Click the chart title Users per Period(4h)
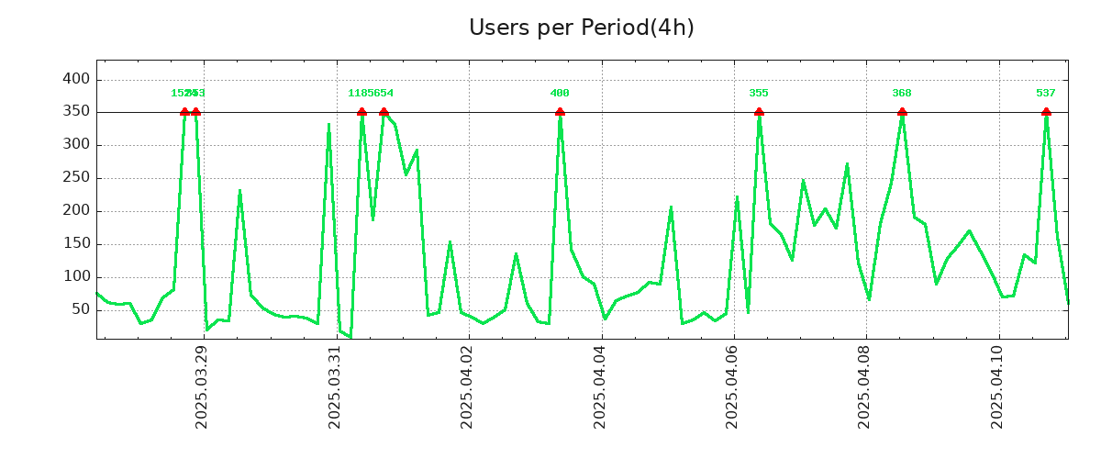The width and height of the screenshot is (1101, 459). pos(581,28)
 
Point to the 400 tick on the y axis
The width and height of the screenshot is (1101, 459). pos(77,79)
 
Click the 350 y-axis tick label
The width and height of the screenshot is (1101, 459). pos(77,112)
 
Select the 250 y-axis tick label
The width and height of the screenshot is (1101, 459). pos(77,178)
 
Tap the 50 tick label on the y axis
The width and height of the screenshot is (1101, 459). pos(81,309)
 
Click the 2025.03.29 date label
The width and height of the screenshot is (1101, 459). pos(202,386)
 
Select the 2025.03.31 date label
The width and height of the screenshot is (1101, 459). pos(335,386)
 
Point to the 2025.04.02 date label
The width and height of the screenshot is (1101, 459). pos(468,386)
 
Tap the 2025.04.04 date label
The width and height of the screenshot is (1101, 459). pos(601,386)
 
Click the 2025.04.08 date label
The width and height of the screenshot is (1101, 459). pos(866,386)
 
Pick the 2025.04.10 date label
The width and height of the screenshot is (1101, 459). pos(999,386)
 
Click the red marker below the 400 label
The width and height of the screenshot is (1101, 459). pos(560,112)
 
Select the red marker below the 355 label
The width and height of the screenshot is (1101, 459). pos(759,112)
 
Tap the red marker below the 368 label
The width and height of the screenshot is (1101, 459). pos(902,112)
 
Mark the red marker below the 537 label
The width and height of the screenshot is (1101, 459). pos(1046,112)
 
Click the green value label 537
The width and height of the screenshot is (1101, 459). pos(1046,94)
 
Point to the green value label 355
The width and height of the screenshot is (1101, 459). pos(759,94)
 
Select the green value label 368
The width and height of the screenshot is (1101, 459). pos(902,94)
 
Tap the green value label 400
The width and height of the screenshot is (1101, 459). pos(560,94)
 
